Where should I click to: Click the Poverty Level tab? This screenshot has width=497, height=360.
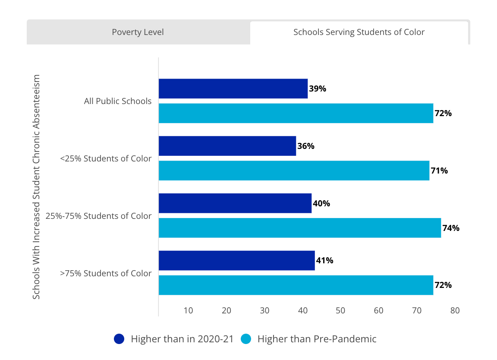[x=138, y=32]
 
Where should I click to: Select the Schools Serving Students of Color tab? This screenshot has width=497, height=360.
[x=359, y=32]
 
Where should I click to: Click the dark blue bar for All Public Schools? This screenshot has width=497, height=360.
[x=233, y=88]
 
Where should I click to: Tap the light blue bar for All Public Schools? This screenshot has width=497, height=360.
[x=296, y=113]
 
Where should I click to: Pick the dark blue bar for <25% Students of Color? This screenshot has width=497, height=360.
[x=227, y=146]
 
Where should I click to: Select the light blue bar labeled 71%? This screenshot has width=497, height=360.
[x=294, y=171]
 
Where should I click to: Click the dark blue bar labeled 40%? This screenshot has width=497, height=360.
[x=235, y=203]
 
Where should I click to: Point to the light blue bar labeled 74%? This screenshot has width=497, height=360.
[x=300, y=228]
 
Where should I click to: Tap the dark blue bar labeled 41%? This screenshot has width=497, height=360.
[x=237, y=261]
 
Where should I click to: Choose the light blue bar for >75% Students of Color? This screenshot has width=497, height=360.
[x=296, y=285]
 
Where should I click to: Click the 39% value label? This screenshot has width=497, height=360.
[x=318, y=89]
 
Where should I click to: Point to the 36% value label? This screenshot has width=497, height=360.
[x=306, y=146]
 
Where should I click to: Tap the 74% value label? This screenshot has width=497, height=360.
[x=451, y=228]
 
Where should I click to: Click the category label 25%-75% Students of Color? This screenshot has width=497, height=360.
[x=99, y=216]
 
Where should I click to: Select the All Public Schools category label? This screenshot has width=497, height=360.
[x=118, y=101]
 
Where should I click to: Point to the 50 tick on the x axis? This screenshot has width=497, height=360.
[x=341, y=310]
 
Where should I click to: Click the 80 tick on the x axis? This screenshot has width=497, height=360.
[x=455, y=310]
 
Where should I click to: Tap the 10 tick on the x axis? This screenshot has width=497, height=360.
[x=188, y=310]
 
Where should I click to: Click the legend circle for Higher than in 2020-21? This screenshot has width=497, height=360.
[x=120, y=339]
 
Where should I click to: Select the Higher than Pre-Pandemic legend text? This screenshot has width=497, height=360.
[x=317, y=339]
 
